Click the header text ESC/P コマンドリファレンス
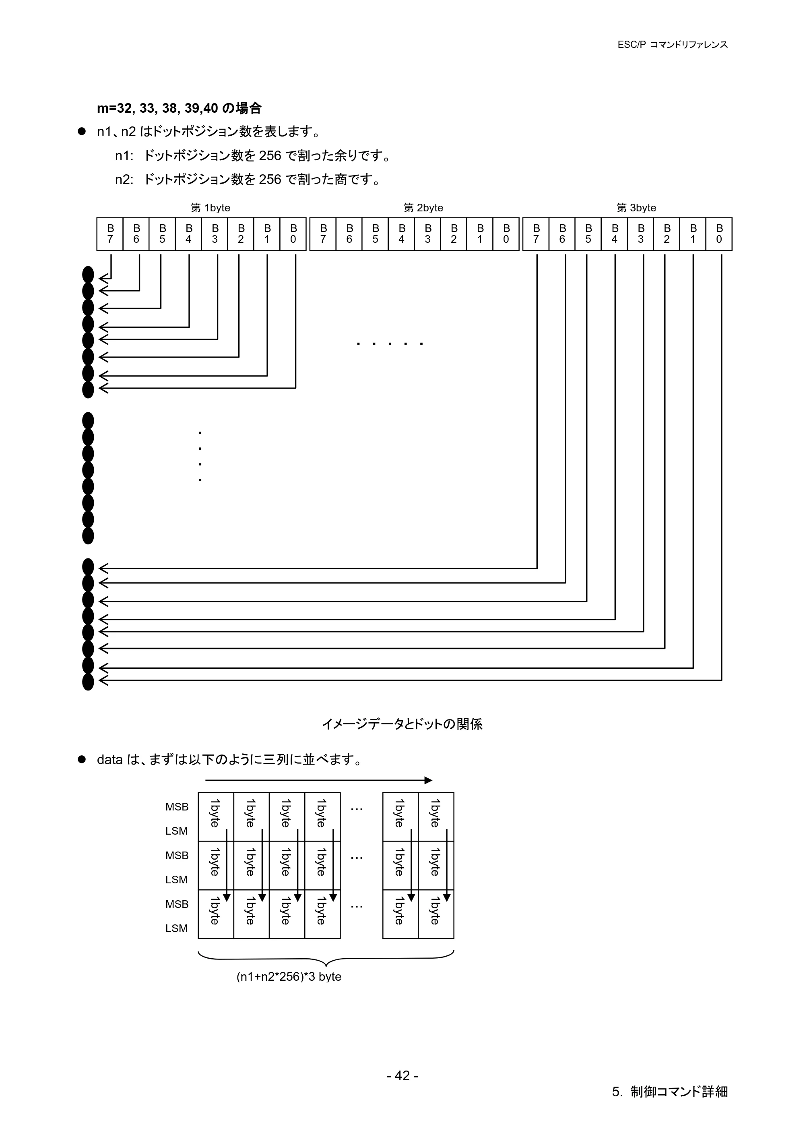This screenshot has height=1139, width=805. coord(672,45)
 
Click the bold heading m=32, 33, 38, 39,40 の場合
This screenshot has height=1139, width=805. coord(179,108)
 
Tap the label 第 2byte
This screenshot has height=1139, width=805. coord(423,208)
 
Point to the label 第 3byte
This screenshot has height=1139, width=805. coord(636,208)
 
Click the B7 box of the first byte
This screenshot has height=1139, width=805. coord(110,234)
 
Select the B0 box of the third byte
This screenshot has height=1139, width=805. coord(719,234)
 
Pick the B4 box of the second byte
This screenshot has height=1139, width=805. coord(402,234)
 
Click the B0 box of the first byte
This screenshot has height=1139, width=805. coord(293,234)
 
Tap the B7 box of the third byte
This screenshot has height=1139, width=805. coord(536,234)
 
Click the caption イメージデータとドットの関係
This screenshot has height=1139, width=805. coord(402,724)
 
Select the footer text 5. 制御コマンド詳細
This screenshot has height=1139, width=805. coord(670,1092)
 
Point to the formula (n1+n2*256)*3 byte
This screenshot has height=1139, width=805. coord(289,977)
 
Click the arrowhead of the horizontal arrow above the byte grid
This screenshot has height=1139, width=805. coord(429,780)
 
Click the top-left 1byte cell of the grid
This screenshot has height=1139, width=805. coord(216,817)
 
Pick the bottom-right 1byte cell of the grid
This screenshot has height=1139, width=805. coord(436,914)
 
